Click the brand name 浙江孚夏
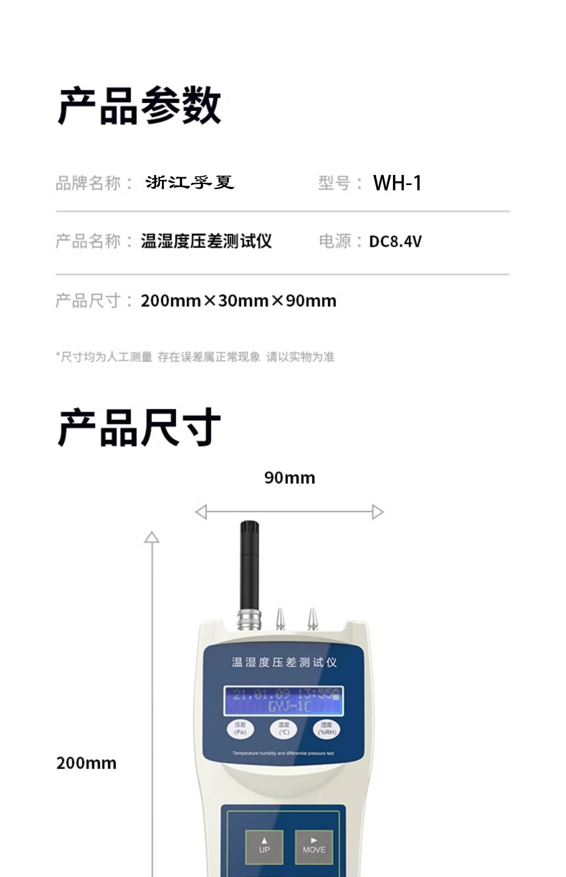pos(190,183)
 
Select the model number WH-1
pos(397,183)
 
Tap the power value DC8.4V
pos(395,241)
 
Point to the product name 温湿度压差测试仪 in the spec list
pos(206,241)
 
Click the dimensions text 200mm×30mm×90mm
pos(238,301)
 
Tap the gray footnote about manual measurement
pos(195,357)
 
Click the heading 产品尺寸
pos(139,428)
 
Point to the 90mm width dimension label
pos(289,478)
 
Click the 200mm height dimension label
pos(86,763)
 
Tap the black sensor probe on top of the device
pos(249,564)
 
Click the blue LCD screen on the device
pos(283,701)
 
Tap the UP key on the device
pos(264,846)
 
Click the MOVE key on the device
pos(314,846)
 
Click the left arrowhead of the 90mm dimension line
pos(201,512)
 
